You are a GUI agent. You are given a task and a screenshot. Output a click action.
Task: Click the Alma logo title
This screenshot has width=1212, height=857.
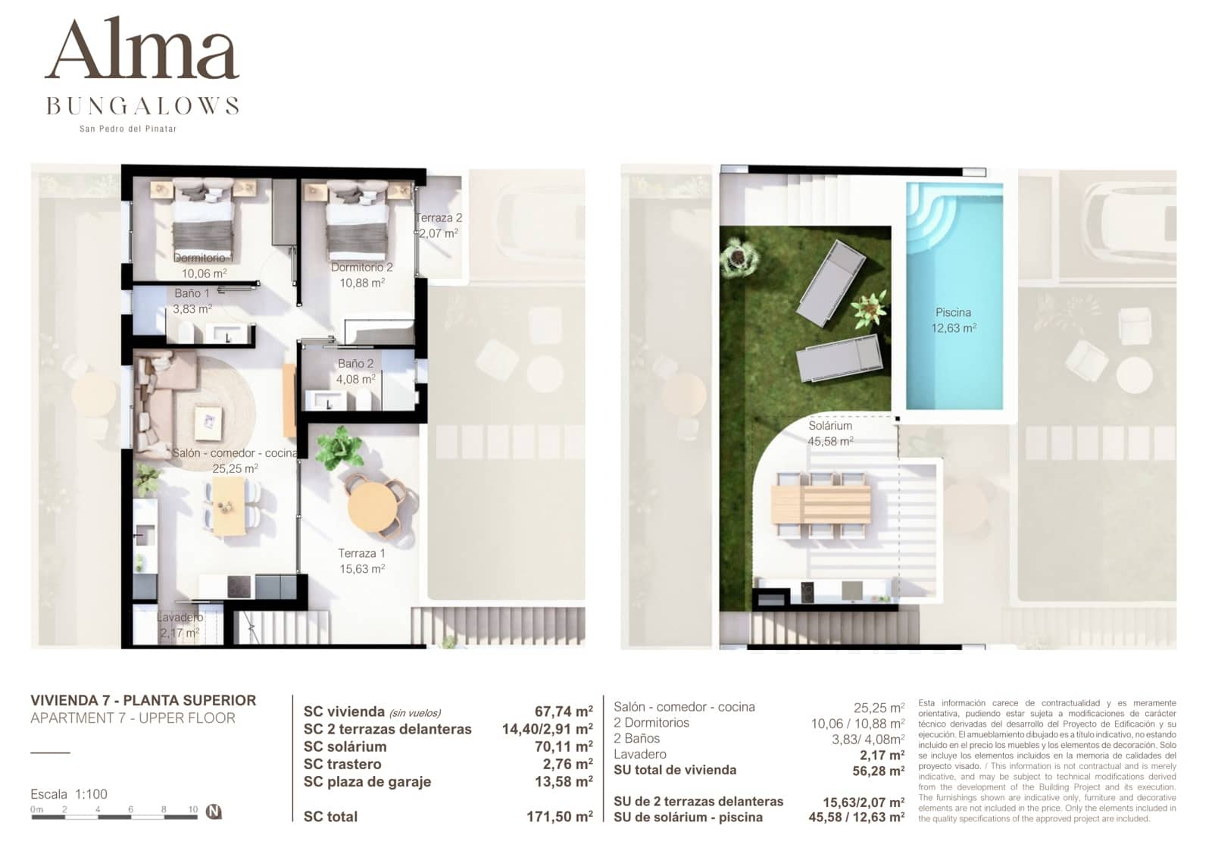click(142, 50)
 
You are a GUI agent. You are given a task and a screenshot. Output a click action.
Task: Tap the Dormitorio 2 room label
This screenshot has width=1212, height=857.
click(362, 274)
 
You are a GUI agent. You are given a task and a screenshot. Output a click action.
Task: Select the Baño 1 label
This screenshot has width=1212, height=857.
click(192, 301)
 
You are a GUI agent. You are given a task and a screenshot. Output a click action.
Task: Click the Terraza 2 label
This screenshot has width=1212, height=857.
click(439, 225)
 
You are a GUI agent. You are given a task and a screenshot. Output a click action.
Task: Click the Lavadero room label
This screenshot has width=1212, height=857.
click(180, 625)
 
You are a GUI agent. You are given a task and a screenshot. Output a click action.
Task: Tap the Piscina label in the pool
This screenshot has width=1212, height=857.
click(954, 320)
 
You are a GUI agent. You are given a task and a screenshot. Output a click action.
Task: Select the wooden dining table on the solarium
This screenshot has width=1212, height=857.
click(821, 503)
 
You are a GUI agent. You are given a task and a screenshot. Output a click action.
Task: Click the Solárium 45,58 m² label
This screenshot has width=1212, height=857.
click(830, 433)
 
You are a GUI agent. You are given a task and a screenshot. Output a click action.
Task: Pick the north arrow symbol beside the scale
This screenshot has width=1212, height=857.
click(214, 812)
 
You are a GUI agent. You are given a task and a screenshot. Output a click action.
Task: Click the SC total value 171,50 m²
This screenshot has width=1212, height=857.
click(559, 817)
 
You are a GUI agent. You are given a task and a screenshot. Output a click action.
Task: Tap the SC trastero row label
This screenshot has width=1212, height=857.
click(342, 764)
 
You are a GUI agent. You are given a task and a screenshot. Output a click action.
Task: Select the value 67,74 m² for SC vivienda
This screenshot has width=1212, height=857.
click(564, 712)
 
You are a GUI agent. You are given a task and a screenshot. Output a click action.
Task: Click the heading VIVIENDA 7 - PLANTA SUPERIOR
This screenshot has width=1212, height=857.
click(143, 700)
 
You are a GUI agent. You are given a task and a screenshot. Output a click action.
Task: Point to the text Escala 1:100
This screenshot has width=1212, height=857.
click(69, 794)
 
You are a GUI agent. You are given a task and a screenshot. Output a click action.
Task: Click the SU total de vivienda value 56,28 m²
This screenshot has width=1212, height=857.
click(878, 771)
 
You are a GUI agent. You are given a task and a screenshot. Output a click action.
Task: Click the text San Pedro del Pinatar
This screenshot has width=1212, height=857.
click(128, 129)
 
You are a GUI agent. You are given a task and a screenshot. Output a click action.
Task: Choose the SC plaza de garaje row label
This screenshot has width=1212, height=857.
click(367, 781)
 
